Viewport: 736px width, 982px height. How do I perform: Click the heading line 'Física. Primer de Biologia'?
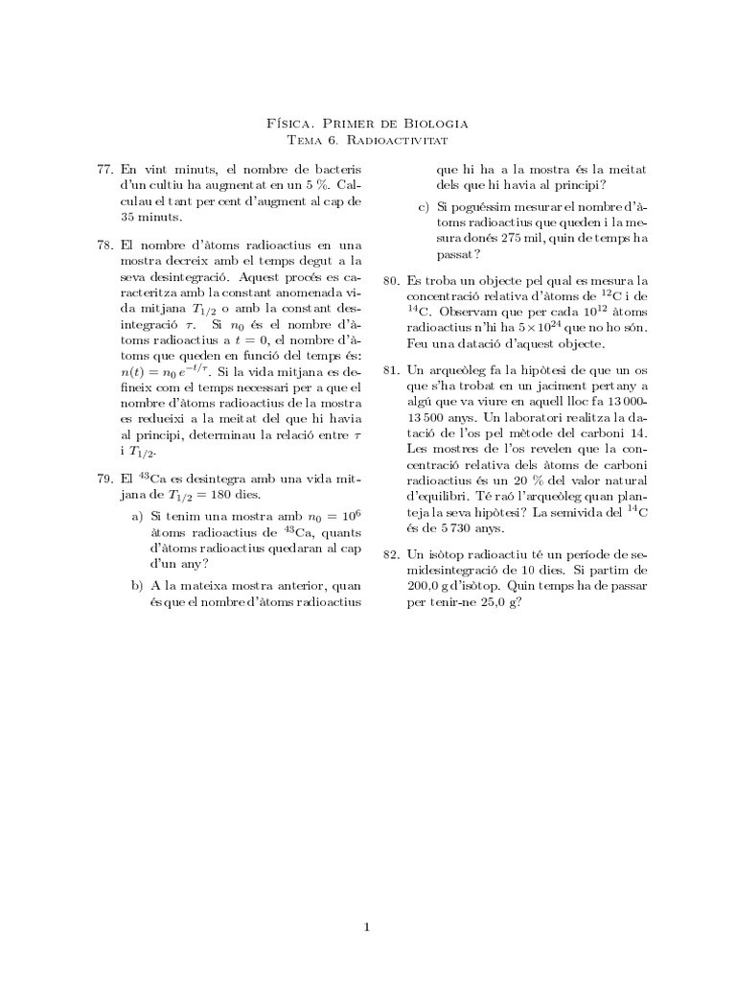(x=366, y=123)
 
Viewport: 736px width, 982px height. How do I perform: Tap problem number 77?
(x=105, y=169)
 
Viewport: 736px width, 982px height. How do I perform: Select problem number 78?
(x=105, y=245)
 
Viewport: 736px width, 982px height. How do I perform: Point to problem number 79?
(x=105, y=478)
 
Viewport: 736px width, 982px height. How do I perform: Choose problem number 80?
(x=391, y=281)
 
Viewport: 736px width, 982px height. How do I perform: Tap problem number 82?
(x=391, y=554)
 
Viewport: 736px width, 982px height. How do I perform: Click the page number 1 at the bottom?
(x=366, y=926)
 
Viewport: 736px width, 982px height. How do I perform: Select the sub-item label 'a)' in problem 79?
(x=137, y=517)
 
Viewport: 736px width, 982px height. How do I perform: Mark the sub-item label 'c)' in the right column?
(x=423, y=207)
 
